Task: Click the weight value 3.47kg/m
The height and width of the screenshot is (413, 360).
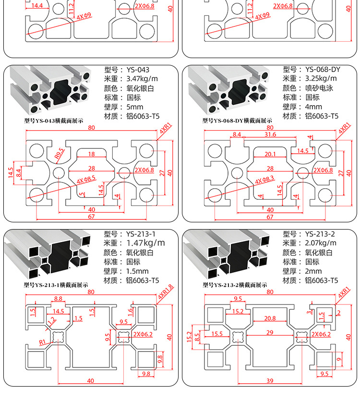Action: pos(142,78)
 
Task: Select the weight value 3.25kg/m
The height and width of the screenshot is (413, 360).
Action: pos(321,78)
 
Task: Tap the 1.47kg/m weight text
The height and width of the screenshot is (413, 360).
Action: pos(145,243)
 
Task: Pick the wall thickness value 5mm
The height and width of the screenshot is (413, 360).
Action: pos(135,107)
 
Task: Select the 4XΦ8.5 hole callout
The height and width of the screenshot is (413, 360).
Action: pos(86,180)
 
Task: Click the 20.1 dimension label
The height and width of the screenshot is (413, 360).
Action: pos(270,154)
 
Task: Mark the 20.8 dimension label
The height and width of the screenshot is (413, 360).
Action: pos(270,318)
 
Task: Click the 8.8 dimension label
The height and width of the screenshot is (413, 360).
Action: pos(58,299)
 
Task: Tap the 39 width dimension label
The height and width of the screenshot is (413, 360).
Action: pos(270,380)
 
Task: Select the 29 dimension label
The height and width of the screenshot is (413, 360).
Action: pos(270,332)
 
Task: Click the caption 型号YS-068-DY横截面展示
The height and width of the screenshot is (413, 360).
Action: pos(237,121)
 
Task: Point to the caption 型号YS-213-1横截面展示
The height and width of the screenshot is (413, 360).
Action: pos(56,285)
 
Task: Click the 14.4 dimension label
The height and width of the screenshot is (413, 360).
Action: pos(37,6)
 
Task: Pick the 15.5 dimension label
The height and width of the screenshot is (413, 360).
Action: pos(217,333)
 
